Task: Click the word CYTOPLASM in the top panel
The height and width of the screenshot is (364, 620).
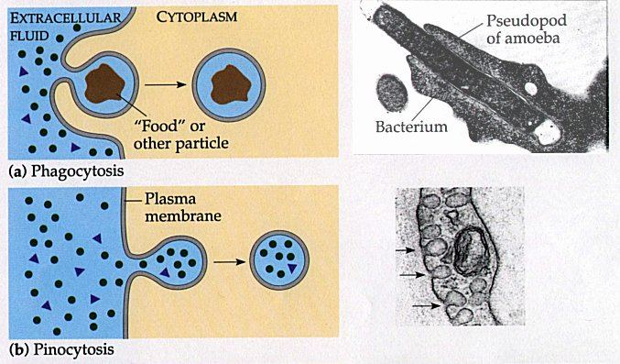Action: point(197,17)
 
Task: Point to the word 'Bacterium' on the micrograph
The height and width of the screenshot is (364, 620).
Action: point(411,126)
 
